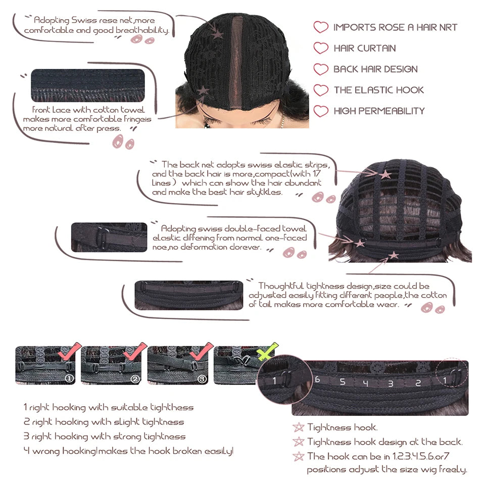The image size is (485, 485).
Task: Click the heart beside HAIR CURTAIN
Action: click(x=321, y=48)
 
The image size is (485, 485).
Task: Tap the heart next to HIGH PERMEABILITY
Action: click(x=321, y=111)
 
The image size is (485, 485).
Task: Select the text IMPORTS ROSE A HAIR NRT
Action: click(x=395, y=27)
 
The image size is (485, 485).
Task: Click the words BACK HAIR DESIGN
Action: click(x=375, y=69)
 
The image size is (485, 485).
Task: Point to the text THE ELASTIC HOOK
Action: click(x=378, y=90)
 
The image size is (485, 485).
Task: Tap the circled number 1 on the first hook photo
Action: click(x=70, y=378)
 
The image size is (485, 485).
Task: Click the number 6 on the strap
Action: click(x=317, y=379)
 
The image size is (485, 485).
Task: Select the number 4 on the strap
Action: click(x=366, y=383)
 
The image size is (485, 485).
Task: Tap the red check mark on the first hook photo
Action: click(x=70, y=352)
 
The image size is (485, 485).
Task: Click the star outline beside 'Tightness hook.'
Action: click(x=299, y=427)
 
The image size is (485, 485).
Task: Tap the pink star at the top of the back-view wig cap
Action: click(x=385, y=174)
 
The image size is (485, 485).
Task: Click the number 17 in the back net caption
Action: click(x=316, y=173)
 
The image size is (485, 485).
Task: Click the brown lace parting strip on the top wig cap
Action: click(x=237, y=62)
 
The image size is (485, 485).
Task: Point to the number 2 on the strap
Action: click(x=418, y=383)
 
